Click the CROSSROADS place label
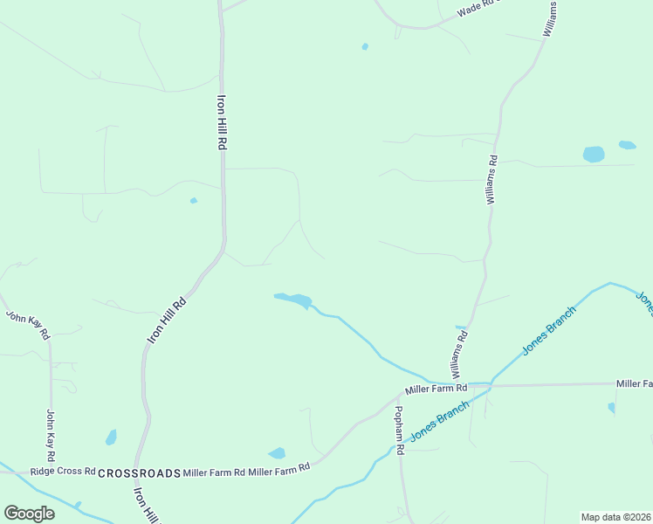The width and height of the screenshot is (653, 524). coord(139,472)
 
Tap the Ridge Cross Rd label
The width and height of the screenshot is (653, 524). coord(62,472)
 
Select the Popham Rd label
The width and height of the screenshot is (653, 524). coord(398,431)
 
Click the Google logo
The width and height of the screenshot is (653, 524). coord(29,514)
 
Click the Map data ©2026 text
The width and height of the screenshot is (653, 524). coord(616,516)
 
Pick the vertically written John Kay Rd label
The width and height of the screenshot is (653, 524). coord(51,436)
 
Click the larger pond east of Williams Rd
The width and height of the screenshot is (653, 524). coord(594,155)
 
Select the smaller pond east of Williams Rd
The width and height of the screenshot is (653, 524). coord(627,145)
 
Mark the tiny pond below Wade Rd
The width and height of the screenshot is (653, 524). coord(365,46)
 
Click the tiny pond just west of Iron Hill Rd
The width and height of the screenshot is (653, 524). coord(194,201)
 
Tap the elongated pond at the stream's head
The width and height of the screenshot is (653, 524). coord(294,300)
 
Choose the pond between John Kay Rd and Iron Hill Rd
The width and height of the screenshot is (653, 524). coord(111,437)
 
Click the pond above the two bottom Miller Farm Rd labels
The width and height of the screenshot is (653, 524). coord(277,453)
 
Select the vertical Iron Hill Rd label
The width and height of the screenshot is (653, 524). coord(222,122)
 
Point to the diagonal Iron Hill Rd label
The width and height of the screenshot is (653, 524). coord(167,321)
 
